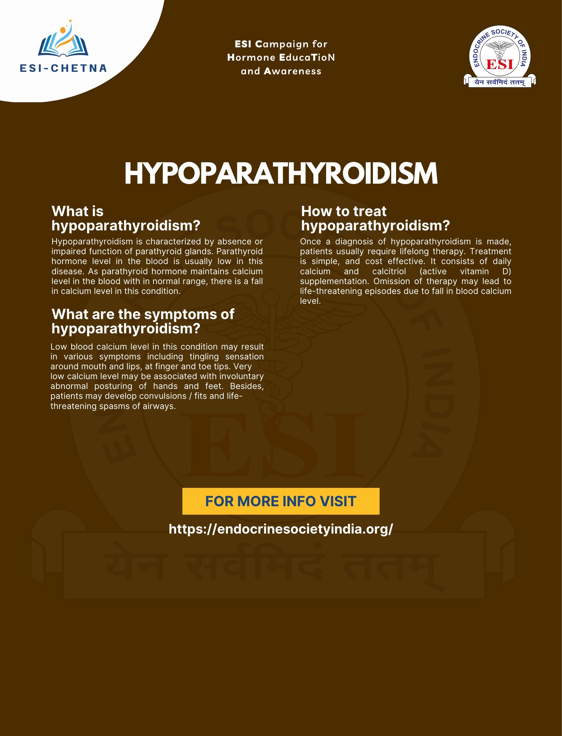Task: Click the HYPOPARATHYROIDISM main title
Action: [281, 174]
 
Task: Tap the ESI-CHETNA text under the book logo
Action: [63, 68]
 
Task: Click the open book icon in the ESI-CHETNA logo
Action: [63, 45]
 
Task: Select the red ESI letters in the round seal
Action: [500, 64]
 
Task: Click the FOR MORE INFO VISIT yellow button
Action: [281, 501]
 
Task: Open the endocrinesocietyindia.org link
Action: [281, 529]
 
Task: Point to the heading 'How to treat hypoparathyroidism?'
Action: [375, 218]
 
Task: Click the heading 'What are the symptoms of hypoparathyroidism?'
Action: [143, 321]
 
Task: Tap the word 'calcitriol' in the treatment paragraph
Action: [389, 271]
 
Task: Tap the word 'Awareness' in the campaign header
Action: [292, 71]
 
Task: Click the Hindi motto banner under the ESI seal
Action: [500, 82]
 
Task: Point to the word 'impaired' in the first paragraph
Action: [65, 251]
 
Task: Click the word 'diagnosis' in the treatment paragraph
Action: [354, 242]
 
